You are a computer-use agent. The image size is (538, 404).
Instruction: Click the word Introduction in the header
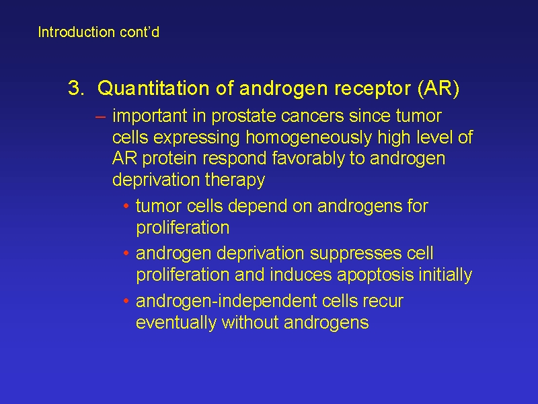click(x=76, y=32)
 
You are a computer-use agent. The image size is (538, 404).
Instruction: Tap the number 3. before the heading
click(x=76, y=88)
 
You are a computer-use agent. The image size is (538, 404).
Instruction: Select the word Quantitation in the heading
click(x=153, y=88)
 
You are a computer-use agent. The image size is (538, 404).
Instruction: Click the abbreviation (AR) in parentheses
click(x=438, y=88)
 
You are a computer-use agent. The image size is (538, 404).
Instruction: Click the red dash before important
click(x=100, y=116)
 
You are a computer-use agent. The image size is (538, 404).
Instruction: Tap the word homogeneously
click(x=309, y=138)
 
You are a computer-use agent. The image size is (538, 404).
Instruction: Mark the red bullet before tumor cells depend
click(x=126, y=206)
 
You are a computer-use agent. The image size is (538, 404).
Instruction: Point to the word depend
click(x=258, y=207)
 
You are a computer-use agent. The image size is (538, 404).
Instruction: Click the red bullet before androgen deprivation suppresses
click(x=126, y=254)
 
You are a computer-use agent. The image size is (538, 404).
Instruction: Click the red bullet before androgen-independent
click(x=126, y=301)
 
